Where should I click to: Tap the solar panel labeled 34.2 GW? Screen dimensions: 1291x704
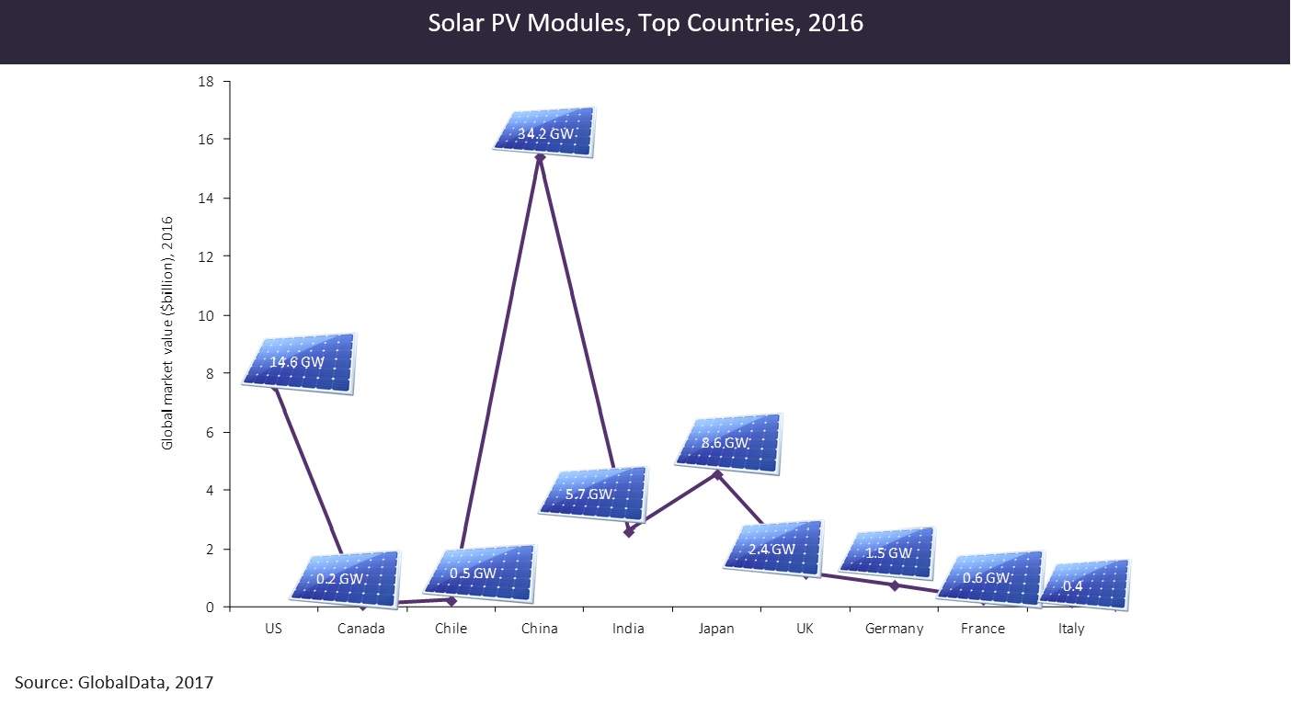point(544,132)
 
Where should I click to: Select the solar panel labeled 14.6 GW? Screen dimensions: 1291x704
point(298,364)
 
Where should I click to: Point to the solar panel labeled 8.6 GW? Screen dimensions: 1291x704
point(728,444)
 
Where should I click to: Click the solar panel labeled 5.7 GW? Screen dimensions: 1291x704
point(593,494)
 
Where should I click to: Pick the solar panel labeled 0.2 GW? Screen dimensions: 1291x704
point(345,579)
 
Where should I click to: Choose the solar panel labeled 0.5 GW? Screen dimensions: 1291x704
point(479,573)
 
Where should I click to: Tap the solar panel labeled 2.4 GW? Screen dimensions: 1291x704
point(773,549)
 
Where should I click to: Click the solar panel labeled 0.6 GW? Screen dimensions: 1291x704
point(990,578)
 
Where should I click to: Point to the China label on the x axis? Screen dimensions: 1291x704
point(540,629)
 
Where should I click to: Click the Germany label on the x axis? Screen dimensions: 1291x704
point(894,630)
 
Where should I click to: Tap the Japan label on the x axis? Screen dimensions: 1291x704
point(716,630)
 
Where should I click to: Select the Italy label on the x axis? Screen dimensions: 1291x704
point(1071,630)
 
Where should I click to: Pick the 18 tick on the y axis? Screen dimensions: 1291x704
point(206,82)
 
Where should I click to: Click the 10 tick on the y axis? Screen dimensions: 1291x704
point(206,316)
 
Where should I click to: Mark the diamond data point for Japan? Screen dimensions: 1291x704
point(717,474)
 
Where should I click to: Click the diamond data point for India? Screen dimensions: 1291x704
point(629,532)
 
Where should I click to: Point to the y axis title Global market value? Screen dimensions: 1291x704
point(166,333)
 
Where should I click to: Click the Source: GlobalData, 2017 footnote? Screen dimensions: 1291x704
point(114,683)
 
